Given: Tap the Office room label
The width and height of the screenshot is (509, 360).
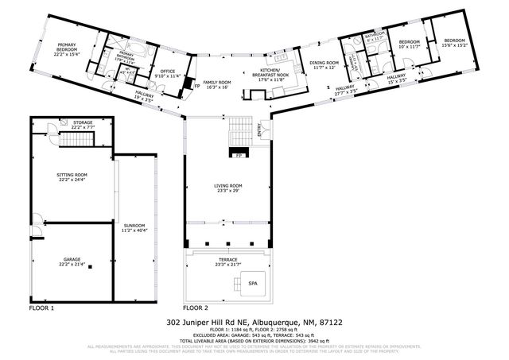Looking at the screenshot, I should coord(168,74).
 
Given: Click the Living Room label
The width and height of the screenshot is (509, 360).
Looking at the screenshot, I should coord(227,188).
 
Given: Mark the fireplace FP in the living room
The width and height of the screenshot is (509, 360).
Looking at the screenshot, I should coord(238,155).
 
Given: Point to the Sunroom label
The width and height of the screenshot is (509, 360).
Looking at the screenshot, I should coord(134,228).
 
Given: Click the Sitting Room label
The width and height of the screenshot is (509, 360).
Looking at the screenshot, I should coord(72,176).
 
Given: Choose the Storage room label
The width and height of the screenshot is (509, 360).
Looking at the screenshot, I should coord(82,125).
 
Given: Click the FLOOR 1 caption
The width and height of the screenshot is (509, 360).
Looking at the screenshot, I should coord(41,307).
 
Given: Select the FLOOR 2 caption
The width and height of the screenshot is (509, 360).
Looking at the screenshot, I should coord(196,307).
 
